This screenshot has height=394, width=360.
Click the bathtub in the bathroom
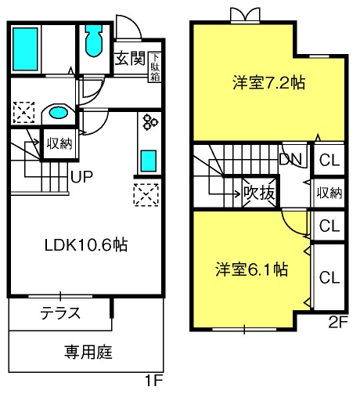[x=25, y=49]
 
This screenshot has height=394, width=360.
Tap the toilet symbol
[x=94, y=41]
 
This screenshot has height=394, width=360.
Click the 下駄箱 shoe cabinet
[x=155, y=67]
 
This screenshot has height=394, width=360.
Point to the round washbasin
[x=59, y=113]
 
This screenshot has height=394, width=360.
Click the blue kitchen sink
[x=149, y=161]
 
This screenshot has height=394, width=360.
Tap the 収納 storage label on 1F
[x=59, y=143]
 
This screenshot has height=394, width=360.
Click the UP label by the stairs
[x=81, y=177]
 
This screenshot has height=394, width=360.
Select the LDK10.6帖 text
[x=86, y=245]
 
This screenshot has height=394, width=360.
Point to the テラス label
[x=60, y=313]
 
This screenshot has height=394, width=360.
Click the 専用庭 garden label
[x=88, y=352]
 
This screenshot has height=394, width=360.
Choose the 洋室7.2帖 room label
[x=268, y=82]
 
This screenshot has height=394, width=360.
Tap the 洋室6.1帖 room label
[x=252, y=269]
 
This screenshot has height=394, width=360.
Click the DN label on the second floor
[x=290, y=159]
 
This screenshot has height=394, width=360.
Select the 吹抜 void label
[x=259, y=193]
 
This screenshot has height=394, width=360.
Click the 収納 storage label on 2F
[x=329, y=193]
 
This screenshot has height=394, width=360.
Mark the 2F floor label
[x=338, y=324]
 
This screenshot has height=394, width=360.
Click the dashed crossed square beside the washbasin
[x=23, y=112]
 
